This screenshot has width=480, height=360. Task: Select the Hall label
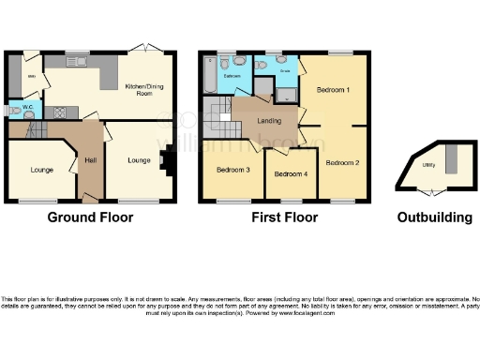90,161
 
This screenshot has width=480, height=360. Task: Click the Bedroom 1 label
333,91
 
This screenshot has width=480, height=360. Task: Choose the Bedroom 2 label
342,162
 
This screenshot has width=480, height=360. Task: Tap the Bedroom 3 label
232,170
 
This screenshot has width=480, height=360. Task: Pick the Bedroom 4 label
289,174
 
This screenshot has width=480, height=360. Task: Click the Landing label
270,120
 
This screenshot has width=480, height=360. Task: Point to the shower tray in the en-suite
287,91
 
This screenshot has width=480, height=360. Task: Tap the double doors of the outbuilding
429,191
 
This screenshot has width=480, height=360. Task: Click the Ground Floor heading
90,217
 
